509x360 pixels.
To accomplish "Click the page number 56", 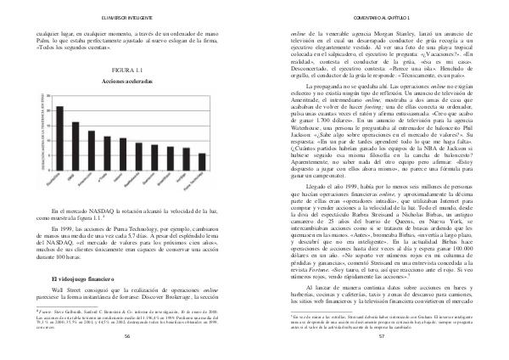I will point(126,337).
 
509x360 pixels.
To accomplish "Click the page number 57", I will point(381,337).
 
